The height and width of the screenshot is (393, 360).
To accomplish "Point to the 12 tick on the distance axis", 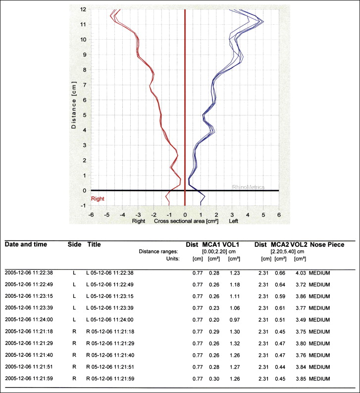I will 84,9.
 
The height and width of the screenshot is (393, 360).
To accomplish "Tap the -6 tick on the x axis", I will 91,215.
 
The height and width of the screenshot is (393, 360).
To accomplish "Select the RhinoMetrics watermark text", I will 249,187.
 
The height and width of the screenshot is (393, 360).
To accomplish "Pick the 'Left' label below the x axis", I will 233,221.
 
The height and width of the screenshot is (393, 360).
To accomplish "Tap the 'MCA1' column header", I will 211,244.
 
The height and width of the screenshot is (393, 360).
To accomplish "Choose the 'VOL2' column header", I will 298,244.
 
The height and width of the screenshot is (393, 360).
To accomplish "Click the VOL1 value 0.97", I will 234,320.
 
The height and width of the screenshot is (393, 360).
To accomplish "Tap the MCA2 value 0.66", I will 280,273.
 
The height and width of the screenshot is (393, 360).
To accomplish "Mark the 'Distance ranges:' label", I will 160,251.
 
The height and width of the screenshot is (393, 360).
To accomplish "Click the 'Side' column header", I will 74,244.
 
